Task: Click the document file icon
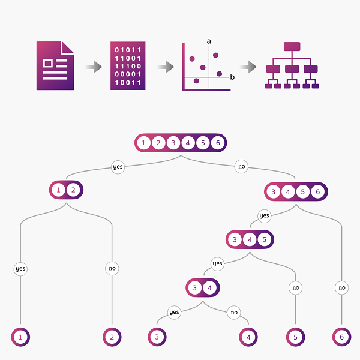pyautogui.click(x=55, y=66)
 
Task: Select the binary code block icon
pyautogui.click(x=128, y=66)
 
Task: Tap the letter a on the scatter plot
pyautogui.click(x=209, y=41)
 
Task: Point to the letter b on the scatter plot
pyautogui.click(x=232, y=77)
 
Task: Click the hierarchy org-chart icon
pyautogui.click(x=292, y=66)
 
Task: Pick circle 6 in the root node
pyautogui.click(x=218, y=143)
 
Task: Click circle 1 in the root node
pyautogui.click(x=143, y=143)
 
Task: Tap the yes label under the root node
pyautogui.click(x=118, y=167)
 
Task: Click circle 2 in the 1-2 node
pyautogui.click(x=73, y=190)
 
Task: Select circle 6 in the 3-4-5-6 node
pyautogui.click(x=318, y=191)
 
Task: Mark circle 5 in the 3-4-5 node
pyautogui.click(x=265, y=239)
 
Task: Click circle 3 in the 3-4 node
pyautogui.click(x=194, y=287)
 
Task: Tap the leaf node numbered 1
pyautogui.click(x=20, y=337)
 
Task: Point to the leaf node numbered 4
pyautogui.click(x=248, y=337)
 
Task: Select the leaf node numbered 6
pyautogui.click(x=341, y=337)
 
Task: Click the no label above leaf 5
pyautogui.click(x=295, y=288)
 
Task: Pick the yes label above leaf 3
pyautogui.click(x=174, y=312)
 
